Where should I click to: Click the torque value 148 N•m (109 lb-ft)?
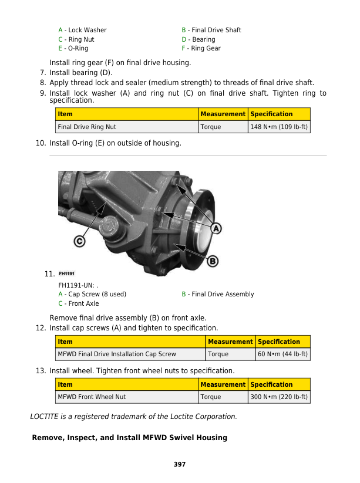point(279,127)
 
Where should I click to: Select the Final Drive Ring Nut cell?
point(86,127)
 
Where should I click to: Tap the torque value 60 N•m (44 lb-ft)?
point(282,354)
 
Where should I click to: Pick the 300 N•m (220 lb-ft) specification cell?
point(279,397)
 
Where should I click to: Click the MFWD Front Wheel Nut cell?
point(91,397)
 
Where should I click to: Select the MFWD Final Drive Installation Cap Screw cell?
point(116,354)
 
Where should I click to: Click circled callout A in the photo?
point(216,228)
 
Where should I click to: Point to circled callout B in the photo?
point(213,261)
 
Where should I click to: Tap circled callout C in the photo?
point(79,241)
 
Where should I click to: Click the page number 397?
point(180,465)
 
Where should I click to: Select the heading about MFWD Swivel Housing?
point(129,438)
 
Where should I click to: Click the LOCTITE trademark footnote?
point(133,417)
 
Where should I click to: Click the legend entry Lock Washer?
point(82,30)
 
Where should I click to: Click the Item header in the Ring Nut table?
point(65,114)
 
